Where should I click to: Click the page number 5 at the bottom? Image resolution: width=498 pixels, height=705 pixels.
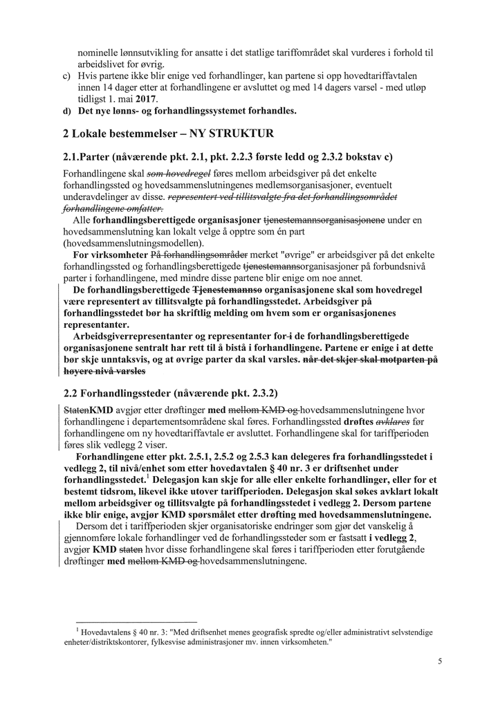pyautogui.click(x=440, y=661)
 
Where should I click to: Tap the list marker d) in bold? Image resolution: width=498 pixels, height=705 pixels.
pyautogui.click(x=67, y=111)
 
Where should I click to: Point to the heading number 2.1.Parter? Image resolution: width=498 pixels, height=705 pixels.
pyautogui.click(x=90, y=157)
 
